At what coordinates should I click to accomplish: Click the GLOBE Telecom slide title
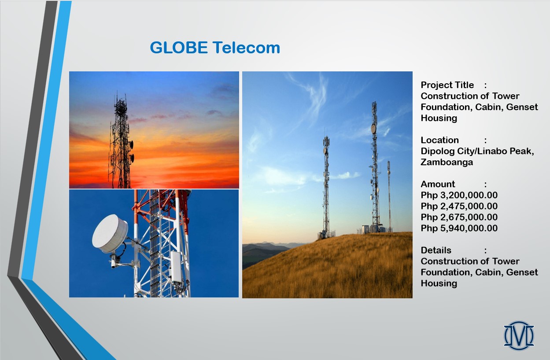coord(215,48)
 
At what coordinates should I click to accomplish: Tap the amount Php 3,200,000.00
coord(459,195)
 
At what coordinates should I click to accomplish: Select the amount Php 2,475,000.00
coord(459,206)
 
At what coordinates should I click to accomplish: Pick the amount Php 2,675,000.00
coord(459,217)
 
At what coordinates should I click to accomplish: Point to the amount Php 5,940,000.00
coord(459,228)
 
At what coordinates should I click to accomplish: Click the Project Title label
coord(447,85)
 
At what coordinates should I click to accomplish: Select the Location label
coord(440,140)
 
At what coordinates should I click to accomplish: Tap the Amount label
coord(438,184)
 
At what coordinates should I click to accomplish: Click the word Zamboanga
coord(447,162)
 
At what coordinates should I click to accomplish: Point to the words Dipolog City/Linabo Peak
coord(477,151)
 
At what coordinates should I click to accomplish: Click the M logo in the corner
coord(519,335)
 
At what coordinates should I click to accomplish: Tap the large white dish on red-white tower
coord(110,234)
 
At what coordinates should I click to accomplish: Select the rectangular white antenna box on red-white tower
coord(176,267)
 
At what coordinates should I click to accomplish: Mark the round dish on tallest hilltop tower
coord(373,129)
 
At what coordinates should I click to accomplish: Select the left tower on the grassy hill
coord(326,187)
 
